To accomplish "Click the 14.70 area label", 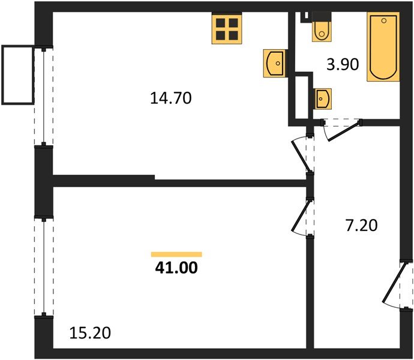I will click(171, 97).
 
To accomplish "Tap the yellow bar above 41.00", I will click(176, 254).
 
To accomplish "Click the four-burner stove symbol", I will click(226, 28).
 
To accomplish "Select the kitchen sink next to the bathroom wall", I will click(275, 62).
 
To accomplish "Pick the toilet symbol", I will click(322, 28).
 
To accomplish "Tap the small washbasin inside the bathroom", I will click(322, 97).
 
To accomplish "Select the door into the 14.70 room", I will click(302, 154).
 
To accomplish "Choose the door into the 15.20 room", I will click(302, 218).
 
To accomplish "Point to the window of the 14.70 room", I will click(44, 96).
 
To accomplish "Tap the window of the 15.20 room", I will click(44, 267).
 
